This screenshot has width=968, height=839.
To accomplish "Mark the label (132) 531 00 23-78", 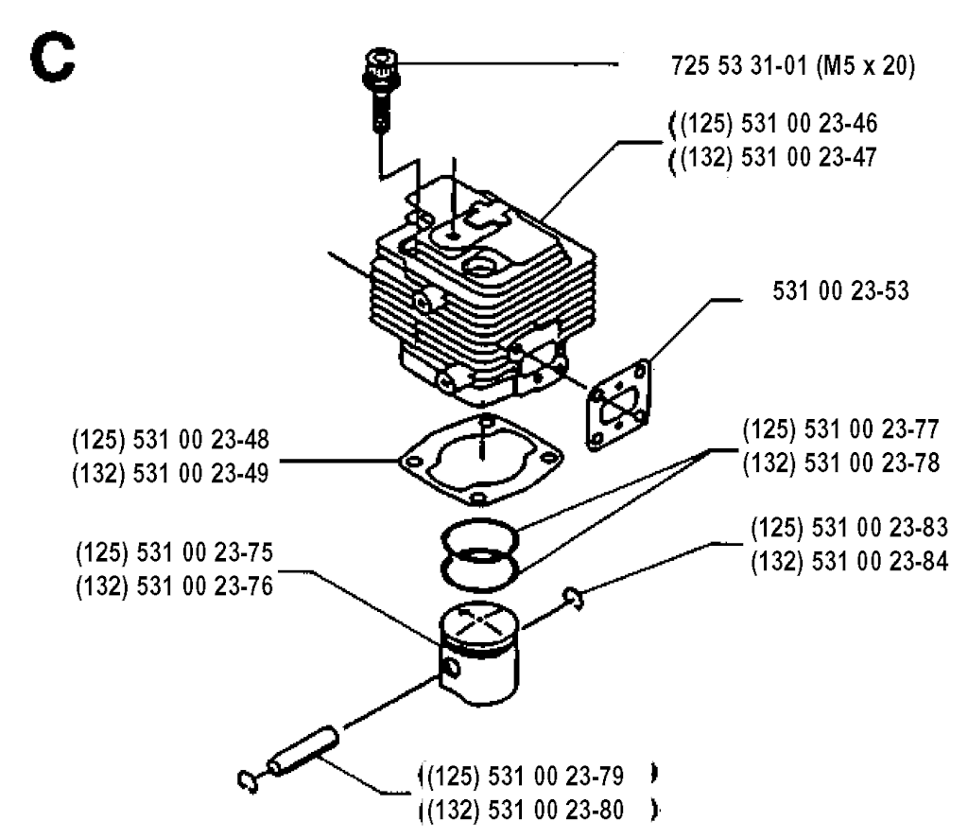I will point(841,464).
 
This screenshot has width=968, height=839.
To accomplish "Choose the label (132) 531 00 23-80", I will point(522,810).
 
